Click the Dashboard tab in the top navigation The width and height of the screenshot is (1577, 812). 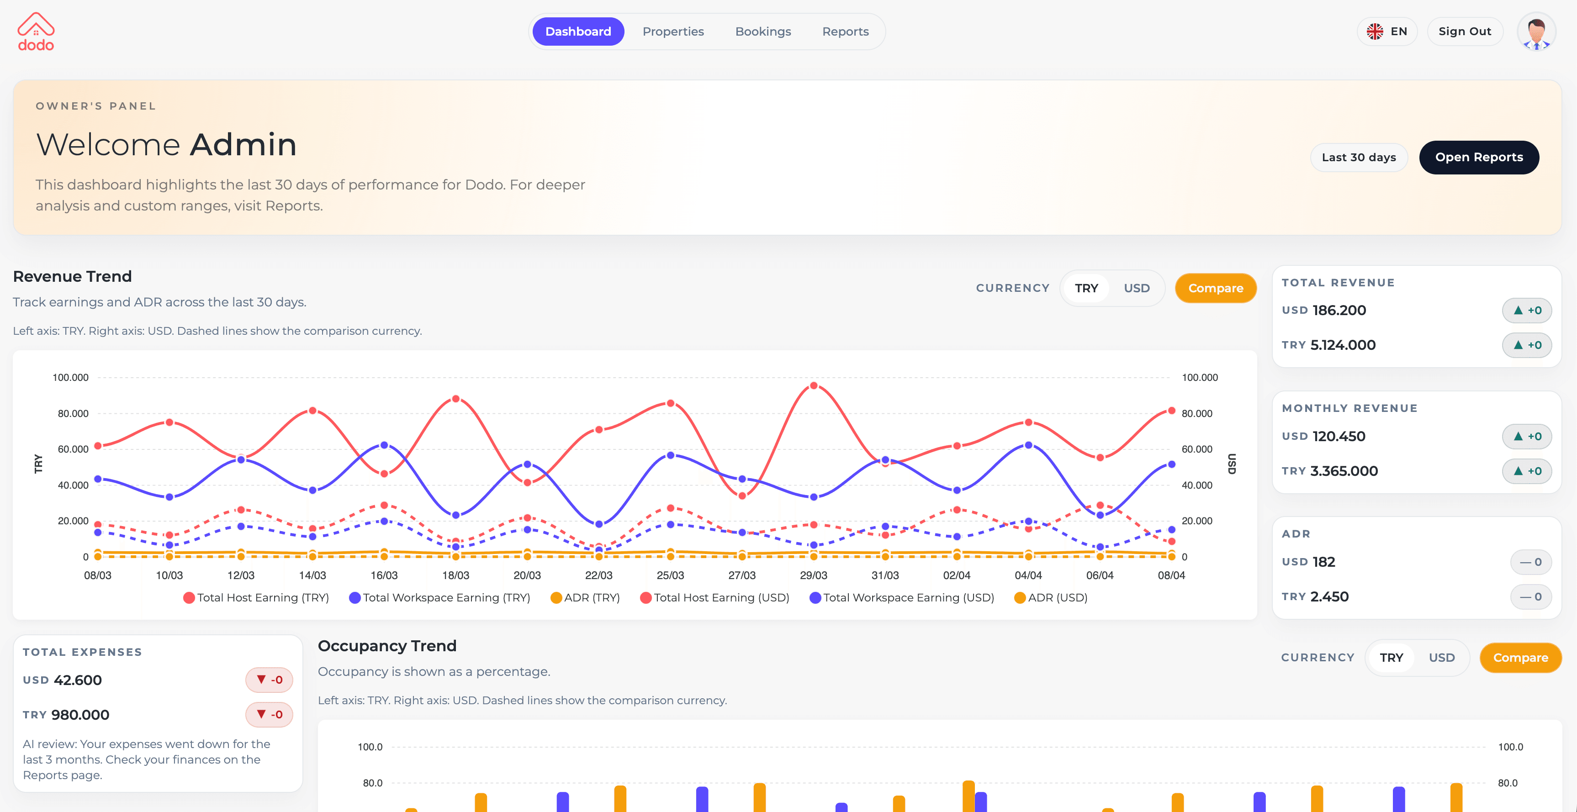pyautogui.click(x=578, y=31)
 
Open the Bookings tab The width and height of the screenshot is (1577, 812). pyautogui.click(x=763, y=31)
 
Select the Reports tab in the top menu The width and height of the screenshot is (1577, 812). pyautogui.click(x=845, y=31)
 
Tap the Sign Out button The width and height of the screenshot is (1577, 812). pyautogui.click(x=1464, y=31)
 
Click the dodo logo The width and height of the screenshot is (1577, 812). pyautogui.click(x=36, y=32)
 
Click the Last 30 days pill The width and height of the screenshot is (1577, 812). pyautogui.click(x=1359, y=157)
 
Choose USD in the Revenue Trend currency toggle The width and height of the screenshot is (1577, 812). pyautogui.click(x=1136, y=288)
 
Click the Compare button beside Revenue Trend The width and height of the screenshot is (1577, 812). pyautogui.click(x=1215, y=288)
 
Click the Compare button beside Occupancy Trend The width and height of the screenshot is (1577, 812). pyautogui.click(x=1520, y=658)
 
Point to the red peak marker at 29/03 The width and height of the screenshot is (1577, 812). pyautogui.click(x=814, y=385)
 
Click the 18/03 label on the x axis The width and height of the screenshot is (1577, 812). pyautogui.click(x=455, y=575)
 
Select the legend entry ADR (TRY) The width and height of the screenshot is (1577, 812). pyautogui.click(x=585, y=597)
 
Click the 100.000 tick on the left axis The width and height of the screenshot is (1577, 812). pyautogui.click(x=70, y=378)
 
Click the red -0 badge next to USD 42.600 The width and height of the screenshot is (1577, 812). pyautogui.click(x=269, y=680)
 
